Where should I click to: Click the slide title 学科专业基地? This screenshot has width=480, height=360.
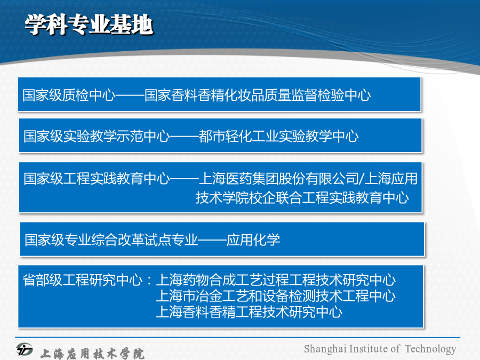click(89, 25)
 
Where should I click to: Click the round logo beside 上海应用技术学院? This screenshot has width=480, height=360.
click(25, 349)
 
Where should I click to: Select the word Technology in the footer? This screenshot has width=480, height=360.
click(430, 349)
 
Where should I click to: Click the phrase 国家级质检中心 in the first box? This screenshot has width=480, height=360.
click(69, 95)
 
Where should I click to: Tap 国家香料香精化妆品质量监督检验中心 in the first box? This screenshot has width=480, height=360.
click(258, 95)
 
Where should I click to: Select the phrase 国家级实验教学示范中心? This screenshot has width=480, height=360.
click(97, 136)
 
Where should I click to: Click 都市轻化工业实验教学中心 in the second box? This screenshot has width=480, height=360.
click(278, 136)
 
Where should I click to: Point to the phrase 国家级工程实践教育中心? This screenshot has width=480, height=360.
click(97, 178)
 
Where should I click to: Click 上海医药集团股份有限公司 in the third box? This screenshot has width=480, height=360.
click(278, 178)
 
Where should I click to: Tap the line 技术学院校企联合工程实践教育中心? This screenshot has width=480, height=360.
click(302, 197)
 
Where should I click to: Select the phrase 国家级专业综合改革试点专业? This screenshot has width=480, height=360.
click(111, 239)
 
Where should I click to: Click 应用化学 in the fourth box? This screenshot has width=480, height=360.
click(253, 239)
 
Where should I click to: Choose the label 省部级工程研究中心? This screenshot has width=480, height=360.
click(83, 280)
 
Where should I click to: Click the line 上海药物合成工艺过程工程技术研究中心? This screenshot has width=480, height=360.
click(276, 280)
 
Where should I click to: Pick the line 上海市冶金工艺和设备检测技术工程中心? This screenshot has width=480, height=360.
click(276, 296)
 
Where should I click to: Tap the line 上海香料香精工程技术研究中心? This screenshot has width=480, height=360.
click(249, 312)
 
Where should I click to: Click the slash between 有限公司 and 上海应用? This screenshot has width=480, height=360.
click(362, 179)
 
